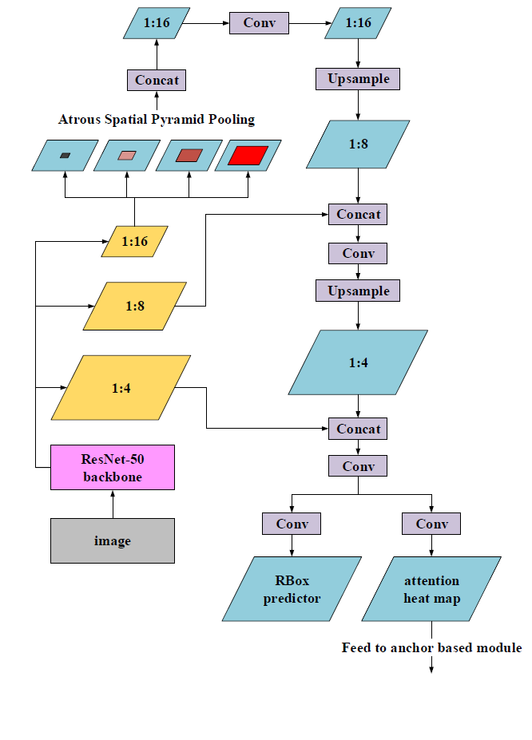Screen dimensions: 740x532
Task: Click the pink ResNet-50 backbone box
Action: [x=113, y=467]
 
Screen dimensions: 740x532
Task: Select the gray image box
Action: [x=113, y=540]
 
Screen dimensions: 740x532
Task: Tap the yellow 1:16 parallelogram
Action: [x=135, y=241]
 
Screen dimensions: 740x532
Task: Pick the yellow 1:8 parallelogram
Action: [x=135, y=306]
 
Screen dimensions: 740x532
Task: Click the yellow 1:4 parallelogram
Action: [x=121, y=388]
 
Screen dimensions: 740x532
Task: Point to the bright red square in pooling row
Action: [x=248, y=156]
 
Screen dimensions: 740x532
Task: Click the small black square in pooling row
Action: [x=65, y=156]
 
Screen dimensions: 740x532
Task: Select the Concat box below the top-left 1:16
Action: [x=157, y=80]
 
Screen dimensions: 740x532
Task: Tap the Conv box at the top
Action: [x=259, y=22]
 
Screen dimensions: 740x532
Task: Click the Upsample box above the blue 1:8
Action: [x=358, y=79]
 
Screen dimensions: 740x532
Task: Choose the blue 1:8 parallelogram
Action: [x=358, y=145]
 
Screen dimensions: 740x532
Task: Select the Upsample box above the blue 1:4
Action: [x=358, y=291]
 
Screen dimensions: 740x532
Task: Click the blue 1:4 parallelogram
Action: [x=358, y=363]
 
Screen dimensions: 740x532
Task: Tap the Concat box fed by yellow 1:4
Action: [x=358, y=429]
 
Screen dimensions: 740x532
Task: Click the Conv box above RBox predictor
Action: [x=292, y=524]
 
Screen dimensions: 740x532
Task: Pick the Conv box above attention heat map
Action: [x=432, y=524]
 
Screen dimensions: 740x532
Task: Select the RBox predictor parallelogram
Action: [x=292, y=589]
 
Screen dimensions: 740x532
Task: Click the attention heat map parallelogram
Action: [x=432, y=589]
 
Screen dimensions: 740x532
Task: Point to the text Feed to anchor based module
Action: [x=431, y=647]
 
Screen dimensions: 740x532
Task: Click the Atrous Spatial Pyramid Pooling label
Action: [x=157, y=120]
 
